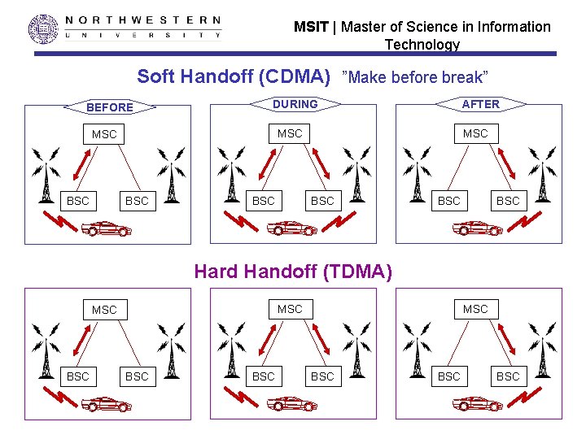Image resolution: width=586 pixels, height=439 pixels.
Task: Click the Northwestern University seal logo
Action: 44,28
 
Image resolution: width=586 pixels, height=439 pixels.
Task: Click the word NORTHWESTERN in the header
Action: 142,20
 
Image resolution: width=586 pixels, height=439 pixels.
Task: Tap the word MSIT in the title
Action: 311,27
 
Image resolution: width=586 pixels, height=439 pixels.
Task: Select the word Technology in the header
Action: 422,45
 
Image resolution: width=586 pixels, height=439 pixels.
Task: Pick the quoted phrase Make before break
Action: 416,78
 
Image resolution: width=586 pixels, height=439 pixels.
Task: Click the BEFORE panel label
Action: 109,107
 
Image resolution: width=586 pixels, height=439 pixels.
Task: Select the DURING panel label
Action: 295,104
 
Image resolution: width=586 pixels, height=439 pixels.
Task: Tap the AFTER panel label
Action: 481,104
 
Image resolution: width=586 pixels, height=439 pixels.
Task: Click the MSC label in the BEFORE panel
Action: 104,134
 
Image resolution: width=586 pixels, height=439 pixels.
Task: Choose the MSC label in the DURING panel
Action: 290,133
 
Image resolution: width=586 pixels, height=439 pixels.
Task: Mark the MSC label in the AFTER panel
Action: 475,133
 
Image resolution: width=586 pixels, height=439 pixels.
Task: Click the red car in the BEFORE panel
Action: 108,228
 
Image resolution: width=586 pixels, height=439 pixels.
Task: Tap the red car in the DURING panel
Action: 293,228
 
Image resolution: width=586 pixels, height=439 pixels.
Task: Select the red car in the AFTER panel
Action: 479,228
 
